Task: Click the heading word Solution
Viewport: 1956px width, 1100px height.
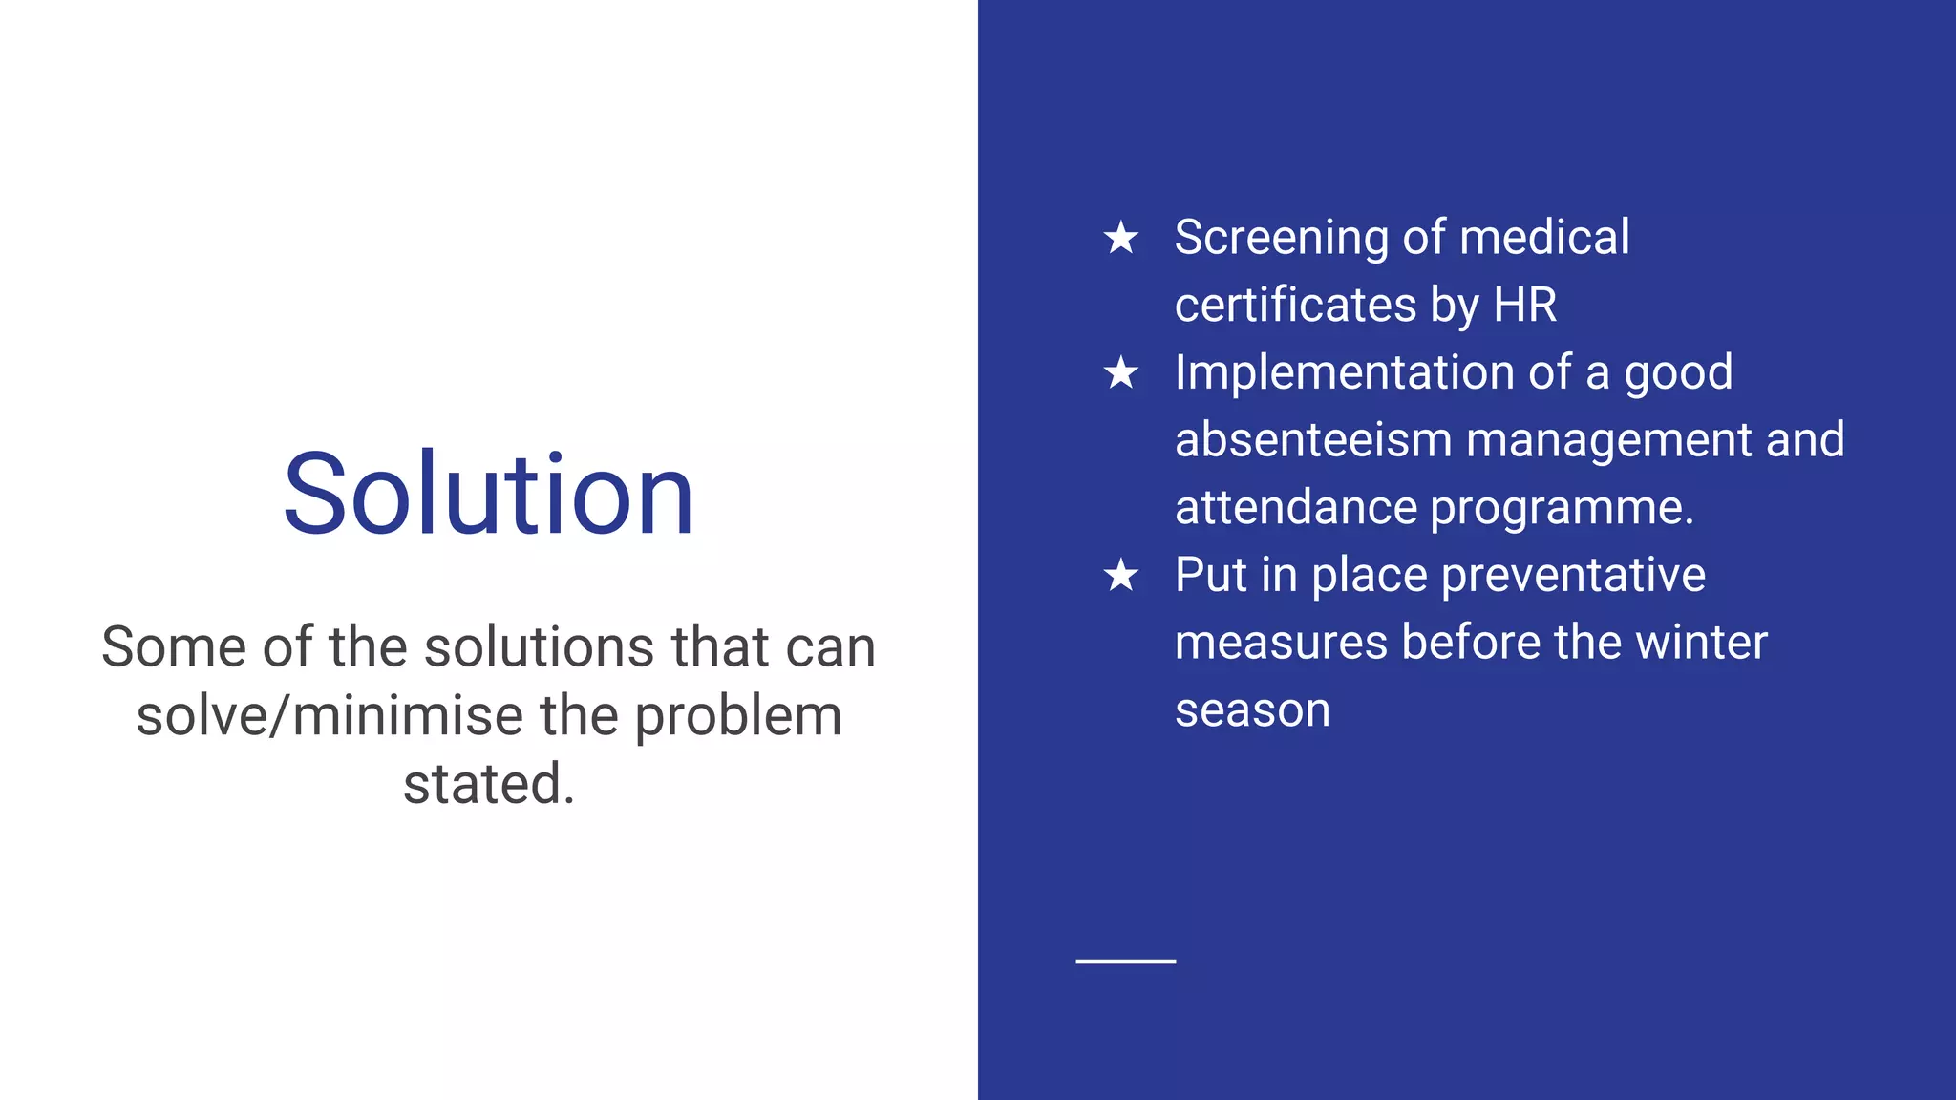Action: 488,494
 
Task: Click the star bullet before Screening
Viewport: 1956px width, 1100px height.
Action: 1121,238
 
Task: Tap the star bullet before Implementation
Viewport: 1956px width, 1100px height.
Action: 1121,373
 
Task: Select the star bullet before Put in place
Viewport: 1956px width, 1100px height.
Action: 1121,576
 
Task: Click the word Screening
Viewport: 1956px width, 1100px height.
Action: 1281,238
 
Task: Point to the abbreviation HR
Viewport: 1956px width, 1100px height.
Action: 1524,306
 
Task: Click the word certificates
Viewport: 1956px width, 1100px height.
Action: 1295,306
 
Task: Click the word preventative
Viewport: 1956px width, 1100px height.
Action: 1572,576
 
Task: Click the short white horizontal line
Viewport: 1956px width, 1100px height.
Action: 1125,961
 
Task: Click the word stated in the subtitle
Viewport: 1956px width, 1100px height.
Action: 488,784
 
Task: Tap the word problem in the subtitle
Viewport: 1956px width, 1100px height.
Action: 737,716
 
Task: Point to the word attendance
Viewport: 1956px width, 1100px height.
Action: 1295,508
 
